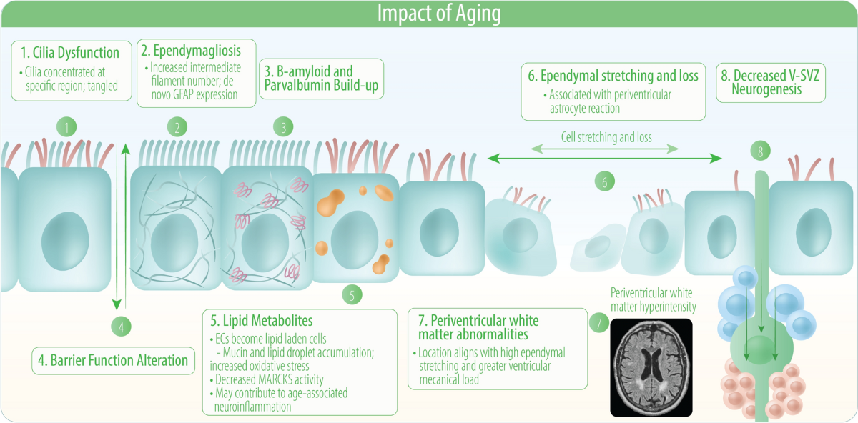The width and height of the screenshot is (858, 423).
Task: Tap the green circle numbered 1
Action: point(66,129)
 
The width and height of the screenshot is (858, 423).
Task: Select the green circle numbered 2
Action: point(177,129)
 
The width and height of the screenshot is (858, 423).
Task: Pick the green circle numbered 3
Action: point(284,129)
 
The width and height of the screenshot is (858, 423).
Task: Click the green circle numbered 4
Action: point(122,327)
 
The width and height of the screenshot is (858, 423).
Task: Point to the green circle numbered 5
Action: point(352,294)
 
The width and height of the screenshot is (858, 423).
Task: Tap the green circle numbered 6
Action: point(605,181)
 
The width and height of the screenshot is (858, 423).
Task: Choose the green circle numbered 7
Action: point(596,322)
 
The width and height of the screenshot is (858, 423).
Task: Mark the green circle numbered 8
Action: point(760,151)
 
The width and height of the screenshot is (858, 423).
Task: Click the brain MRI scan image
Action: point(651,367)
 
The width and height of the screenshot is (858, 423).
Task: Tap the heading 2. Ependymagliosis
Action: point(191,51)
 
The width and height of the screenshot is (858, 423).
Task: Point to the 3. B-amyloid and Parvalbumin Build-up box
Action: point(321,79)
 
